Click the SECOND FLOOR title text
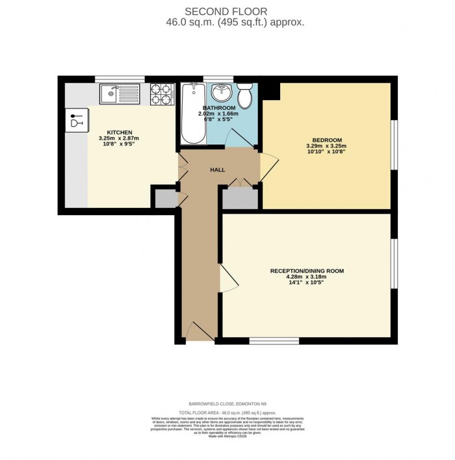pyautogui.click(x=226, y=11)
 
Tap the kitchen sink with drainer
pyautogui.click(x=120, y=94)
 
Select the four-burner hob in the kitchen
pyautogui.click(x=162, y=94)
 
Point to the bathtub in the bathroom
pyautogui.click(x=192, y=114)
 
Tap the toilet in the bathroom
pyautogui.click(x=245, y=96)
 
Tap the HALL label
pyautogui.click(x=217, y=170)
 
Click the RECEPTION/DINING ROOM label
pyautogui.click(x=306, y=270)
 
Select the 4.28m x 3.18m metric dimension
pyautogui.click(x=306, y=277)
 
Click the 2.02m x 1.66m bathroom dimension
pyautogui.click(x=218, y=113)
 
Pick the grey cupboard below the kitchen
pyautogui.click(x=165, y=198)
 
